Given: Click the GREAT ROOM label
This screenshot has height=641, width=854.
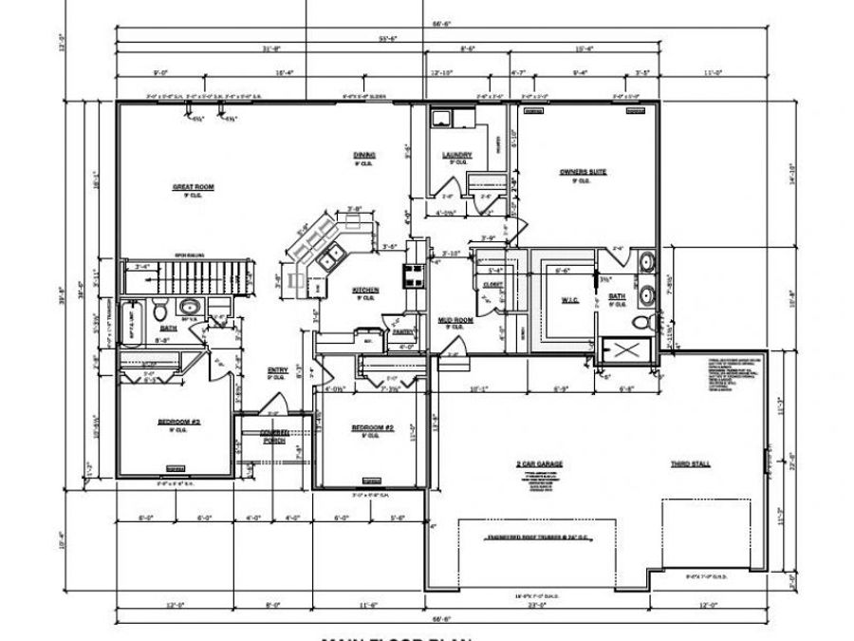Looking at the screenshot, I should tap(193, 187).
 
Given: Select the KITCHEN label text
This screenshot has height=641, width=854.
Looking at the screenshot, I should tap(366, 290).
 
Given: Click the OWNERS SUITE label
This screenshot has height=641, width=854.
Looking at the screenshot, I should tap(583, 172).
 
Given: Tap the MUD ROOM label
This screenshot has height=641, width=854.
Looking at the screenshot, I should tap(456, 320).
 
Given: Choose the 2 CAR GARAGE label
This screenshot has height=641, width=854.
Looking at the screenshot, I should tap(540, 462).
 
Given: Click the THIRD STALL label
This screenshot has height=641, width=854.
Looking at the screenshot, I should tap(691, 462).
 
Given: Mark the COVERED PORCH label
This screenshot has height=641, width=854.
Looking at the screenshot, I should tap(274, 436).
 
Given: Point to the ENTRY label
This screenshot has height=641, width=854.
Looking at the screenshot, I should tap(277, 371).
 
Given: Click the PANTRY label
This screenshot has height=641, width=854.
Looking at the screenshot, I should tap(402, 331).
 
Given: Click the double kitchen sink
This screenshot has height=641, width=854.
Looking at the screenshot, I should tap(330, 254).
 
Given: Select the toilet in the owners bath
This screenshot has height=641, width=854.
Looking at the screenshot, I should tap(642, 324).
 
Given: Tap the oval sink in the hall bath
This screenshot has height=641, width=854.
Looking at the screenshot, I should tap(190, 306).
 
